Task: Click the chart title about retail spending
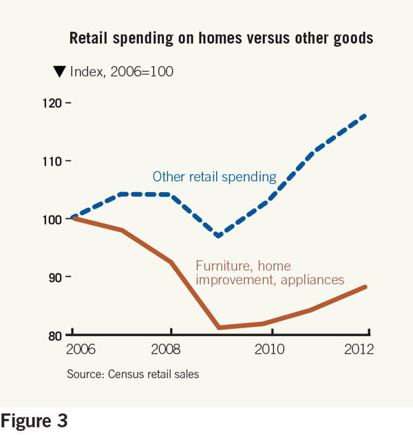[x=221, y=39]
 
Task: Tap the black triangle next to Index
[x=59, y=70]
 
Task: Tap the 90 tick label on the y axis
[x=54, y=277]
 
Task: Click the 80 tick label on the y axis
[x=54, y=335]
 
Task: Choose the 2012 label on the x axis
[x=358, y=350]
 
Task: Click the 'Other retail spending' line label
[x=214, y=177]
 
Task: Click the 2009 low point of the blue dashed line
[x=218, y=235]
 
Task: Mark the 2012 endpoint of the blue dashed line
[x=366, y=115]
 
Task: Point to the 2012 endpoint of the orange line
[x=366, y=286]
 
